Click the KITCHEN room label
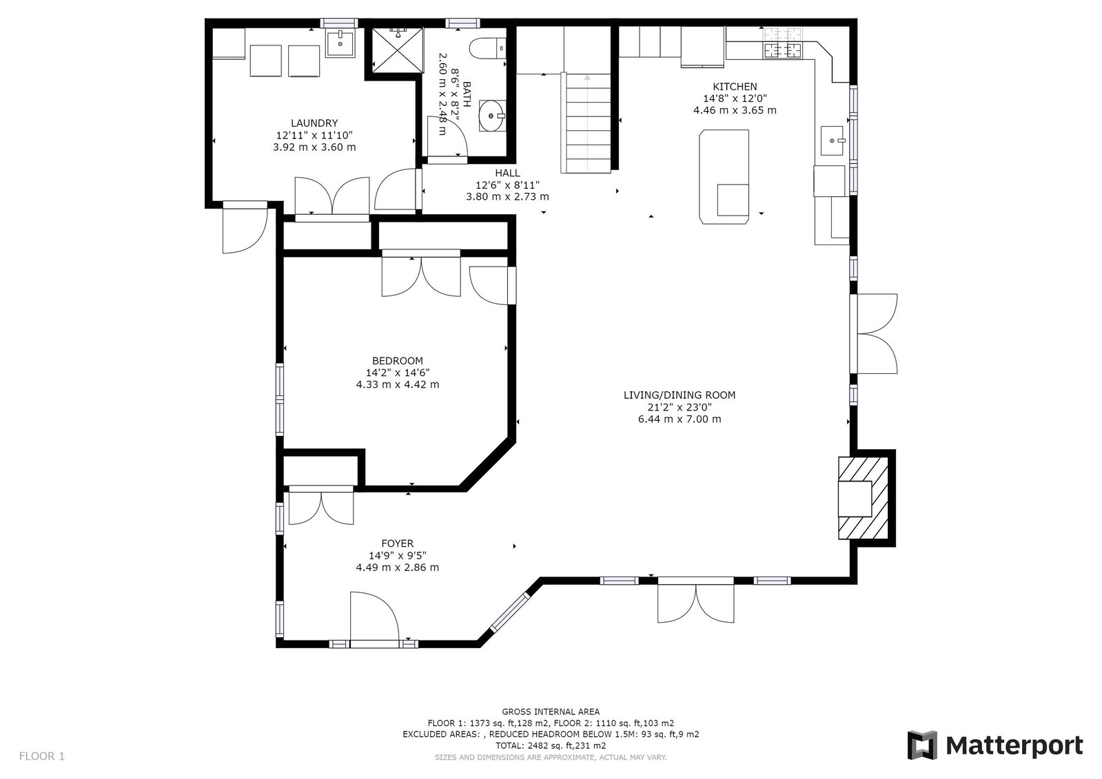[x=735, y=87]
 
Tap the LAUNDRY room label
[x=314, y=123]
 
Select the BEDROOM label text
[x=398, y=360]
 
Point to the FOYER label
[x=398, y=543]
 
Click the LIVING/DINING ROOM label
[x=680, y=395]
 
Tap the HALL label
[x=508, y=173]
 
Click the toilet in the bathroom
[x=487, y=48]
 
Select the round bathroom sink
[x=492, y=116]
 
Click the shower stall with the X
[x=398, y=50]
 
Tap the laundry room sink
[x=340, y=43]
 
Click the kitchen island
[x=724, y=177]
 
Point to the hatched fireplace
[x=864, y=498]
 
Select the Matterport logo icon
[x=922, y=745]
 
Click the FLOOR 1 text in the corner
[x=42, y=756]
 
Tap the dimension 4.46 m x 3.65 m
[x=735, y=110]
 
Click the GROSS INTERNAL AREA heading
[x=551, y=712]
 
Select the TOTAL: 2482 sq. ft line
[x=551, y=745]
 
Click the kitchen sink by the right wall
[x=833, y=141]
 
